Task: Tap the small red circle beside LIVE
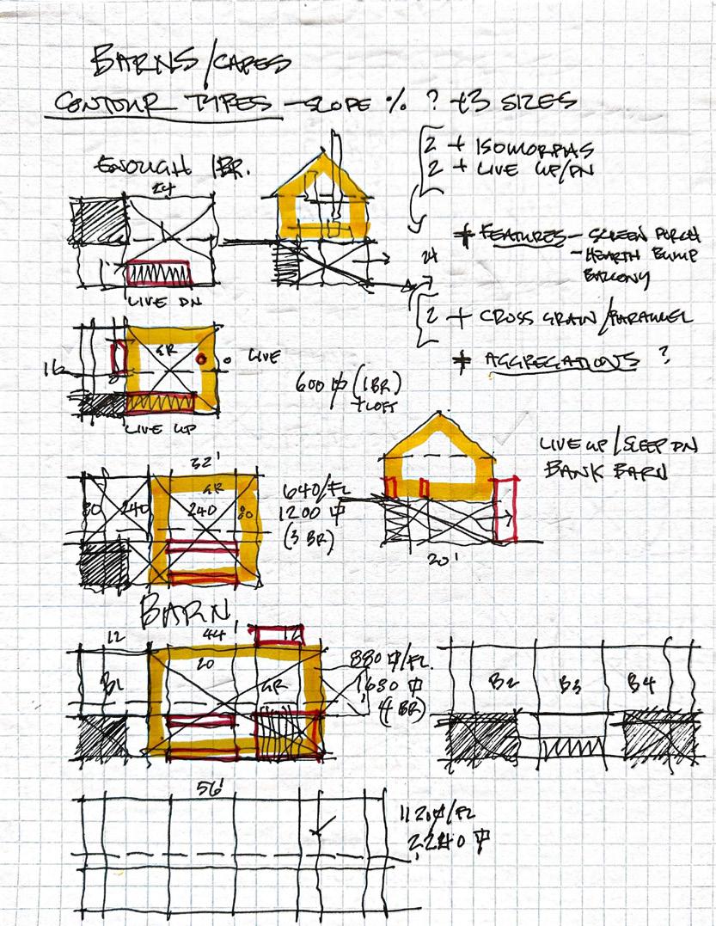(200, 359)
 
